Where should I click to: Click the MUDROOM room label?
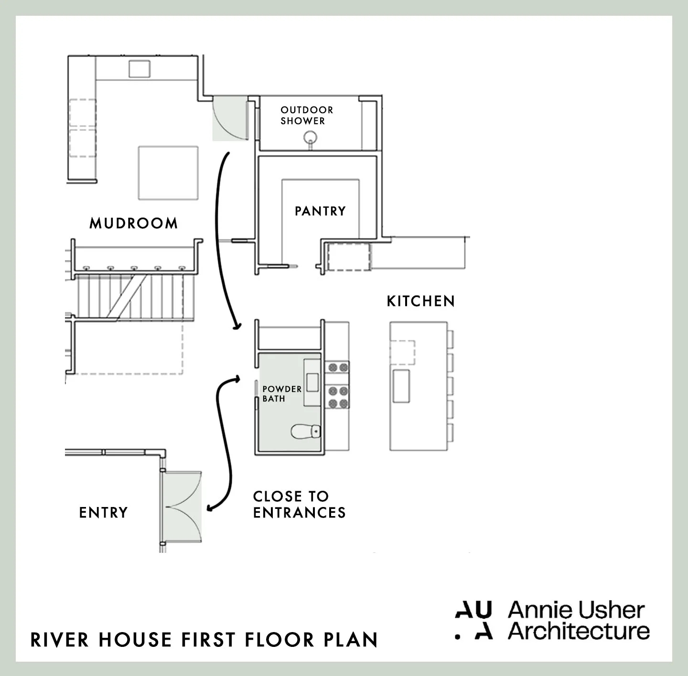coord(133,223)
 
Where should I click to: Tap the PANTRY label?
coord(320,211)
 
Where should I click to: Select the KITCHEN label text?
coord(420,301)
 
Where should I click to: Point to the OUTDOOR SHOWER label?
coord(307,116)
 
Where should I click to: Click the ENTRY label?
coord(104,513)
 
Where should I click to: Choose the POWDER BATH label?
coord(281,394)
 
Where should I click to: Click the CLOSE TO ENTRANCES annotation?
coord(299,504)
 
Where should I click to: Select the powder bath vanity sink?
coord(312,382)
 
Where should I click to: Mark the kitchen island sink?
coord(401,385)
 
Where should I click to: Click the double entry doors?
coord(182,507)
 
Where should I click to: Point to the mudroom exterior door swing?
coord(228,118)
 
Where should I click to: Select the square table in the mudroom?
coord(168,173)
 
